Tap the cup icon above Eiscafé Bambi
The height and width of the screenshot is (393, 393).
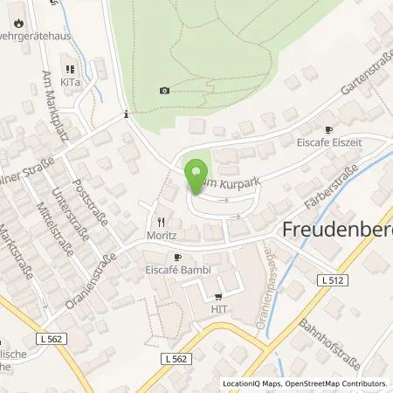point(176,258)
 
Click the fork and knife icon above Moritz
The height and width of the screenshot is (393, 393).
point(161,222)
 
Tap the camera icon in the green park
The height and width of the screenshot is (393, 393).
point(165,90)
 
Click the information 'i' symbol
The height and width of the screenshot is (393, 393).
point(128,113)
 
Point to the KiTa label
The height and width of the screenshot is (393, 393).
point(70,80)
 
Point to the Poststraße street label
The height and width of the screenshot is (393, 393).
point(91,205)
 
